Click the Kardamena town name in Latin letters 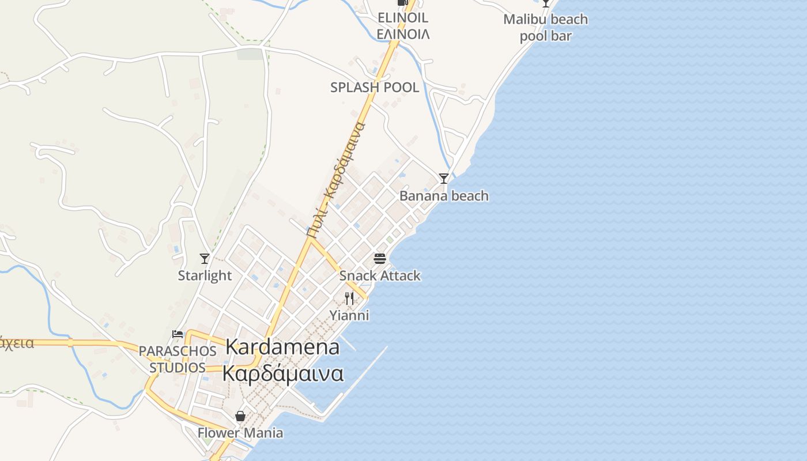coord(282,347)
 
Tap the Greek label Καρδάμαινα coord(283,373)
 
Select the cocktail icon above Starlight coord(204,258)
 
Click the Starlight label coord(205,275)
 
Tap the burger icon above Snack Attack coord(379,258)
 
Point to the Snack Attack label coord(380,275)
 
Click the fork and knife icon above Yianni coord(349,298)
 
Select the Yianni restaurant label coord(349,315)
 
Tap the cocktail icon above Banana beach coord(443,179)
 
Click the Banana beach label coord(444,196)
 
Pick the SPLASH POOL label coord(375,88)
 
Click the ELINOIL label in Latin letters coord(403,18)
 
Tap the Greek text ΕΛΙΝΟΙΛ coord(403,34)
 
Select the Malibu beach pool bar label coord(545,27)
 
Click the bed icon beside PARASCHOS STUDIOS coord(178,334)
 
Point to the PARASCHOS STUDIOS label coord(178,359)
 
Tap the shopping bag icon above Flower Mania coord(240,415)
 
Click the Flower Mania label coord(240,433)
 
